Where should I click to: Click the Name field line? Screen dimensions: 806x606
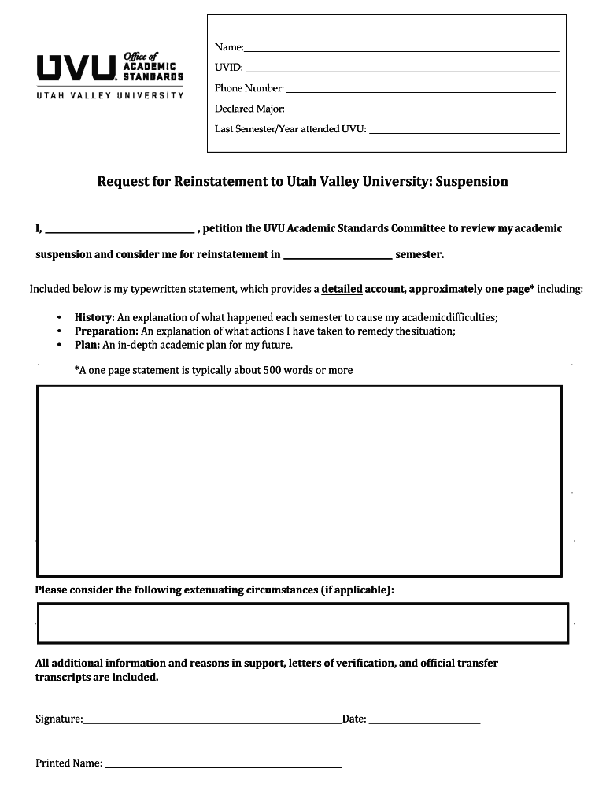pos(401,50)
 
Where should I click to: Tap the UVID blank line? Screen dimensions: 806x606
pos(401,71)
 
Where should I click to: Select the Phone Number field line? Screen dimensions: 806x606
pos(421,91)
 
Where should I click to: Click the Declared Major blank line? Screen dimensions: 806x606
pos(422,112)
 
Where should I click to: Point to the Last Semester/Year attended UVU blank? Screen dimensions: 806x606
pos(464,132)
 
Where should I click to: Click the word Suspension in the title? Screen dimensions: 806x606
pos(471,182)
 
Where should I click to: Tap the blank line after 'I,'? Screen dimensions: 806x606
pos(120,232)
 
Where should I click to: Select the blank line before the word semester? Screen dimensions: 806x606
pos(338,257)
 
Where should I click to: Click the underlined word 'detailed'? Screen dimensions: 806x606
pos(342,289)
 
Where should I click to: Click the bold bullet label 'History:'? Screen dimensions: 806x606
pos(94,317)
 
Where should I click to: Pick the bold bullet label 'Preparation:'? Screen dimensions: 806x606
pos(106,331)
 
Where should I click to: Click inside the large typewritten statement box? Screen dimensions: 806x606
pos(299,481)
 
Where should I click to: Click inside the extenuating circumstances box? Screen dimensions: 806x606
pos(302,623)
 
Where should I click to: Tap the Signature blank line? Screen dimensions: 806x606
pos(212,721)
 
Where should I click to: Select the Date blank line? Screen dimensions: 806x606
pos(424,721)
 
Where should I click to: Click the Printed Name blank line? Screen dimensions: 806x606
pos(223,766)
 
